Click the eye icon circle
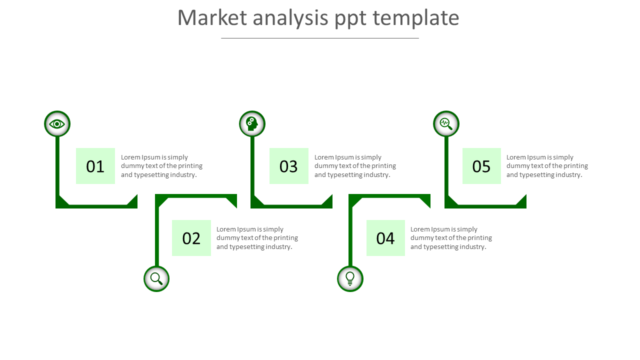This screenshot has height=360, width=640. pos(57,124)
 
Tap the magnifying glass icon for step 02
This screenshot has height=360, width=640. pos(156,278)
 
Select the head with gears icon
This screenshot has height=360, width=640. pos(252,124)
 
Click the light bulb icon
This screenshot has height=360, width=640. pos(350,278)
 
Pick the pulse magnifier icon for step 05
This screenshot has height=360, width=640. pos(446,124)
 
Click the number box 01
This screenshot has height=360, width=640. pos(95,166)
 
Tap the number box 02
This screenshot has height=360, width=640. pos(191,238)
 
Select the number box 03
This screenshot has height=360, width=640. pos(289,166)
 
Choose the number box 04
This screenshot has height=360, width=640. pos(385,238)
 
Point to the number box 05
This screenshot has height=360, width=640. pos(481,166)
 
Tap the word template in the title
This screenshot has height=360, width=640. pos(416,18)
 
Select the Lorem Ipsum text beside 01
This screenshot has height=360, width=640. pos(161,166)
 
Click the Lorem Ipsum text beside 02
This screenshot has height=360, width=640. pos(257,238)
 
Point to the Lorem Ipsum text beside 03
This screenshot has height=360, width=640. pos(355,166)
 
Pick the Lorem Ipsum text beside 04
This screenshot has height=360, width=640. pos(451,238)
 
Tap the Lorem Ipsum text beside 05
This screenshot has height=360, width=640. pos(547,166)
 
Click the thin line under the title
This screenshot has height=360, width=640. pos(320,38)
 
